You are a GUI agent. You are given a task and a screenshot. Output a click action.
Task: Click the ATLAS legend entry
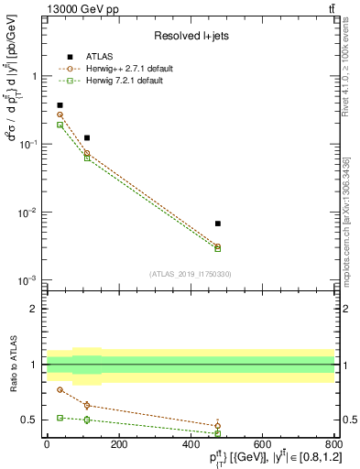[97, 56]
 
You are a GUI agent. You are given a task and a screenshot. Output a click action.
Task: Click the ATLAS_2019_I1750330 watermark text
[191, 274]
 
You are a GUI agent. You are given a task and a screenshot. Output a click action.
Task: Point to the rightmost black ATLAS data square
[217, 224]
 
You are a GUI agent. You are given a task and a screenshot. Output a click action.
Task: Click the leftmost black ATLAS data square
[60, 105]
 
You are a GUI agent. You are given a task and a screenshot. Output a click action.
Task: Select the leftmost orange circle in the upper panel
[60, 115]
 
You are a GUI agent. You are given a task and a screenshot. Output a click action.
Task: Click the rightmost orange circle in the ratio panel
[217, 425]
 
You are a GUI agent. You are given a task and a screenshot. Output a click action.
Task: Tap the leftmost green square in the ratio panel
[60, 418]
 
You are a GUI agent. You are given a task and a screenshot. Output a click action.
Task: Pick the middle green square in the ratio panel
[87, 420]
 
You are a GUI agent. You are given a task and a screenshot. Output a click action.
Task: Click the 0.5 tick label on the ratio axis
[30, 420]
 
